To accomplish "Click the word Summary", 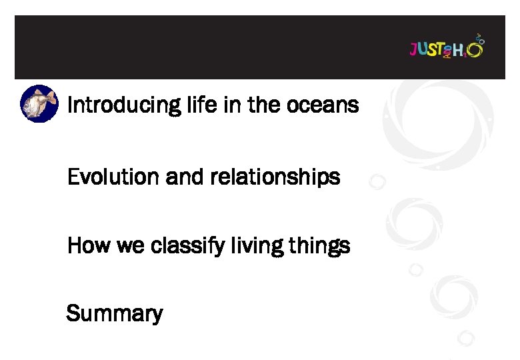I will [x=114, y=313].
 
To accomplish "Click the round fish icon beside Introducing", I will [x=39, y=103].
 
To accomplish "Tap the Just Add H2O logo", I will [x=446, y=49].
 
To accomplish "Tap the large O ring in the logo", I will [x=475, y=49].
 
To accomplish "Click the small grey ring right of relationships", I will [x=377, y=181].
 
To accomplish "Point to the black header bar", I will [x=200, y=47].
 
